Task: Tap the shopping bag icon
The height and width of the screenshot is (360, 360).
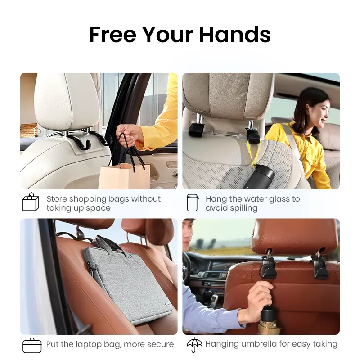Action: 31,202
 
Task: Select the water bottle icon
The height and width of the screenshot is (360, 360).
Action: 192,203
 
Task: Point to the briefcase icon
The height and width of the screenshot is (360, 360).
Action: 31,345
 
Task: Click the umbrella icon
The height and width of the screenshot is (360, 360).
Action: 194,344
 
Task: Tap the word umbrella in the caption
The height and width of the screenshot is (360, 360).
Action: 263,344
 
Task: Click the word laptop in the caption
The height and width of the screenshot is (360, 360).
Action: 90,344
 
